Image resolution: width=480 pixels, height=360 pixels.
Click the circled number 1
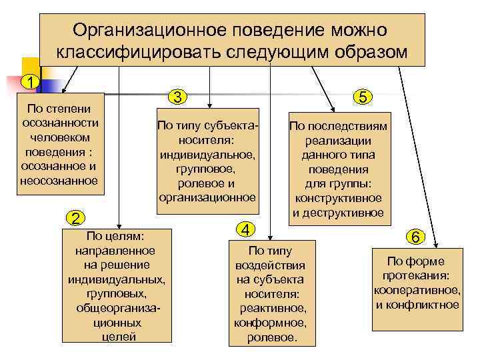(29, 82)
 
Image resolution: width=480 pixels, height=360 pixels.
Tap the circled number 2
(77, 218)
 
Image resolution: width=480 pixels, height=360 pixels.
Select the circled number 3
(177, 97)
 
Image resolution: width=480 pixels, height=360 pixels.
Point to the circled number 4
(246, 229)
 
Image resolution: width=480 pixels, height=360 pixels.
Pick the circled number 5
(362, 97)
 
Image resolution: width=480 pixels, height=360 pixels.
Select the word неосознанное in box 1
(59, 180)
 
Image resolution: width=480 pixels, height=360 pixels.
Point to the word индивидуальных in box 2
(116, 279)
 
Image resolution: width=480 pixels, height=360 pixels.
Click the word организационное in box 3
(207, 197)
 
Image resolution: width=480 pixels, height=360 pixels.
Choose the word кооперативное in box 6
(416, 290)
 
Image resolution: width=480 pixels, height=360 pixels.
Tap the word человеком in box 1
(60, 137)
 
